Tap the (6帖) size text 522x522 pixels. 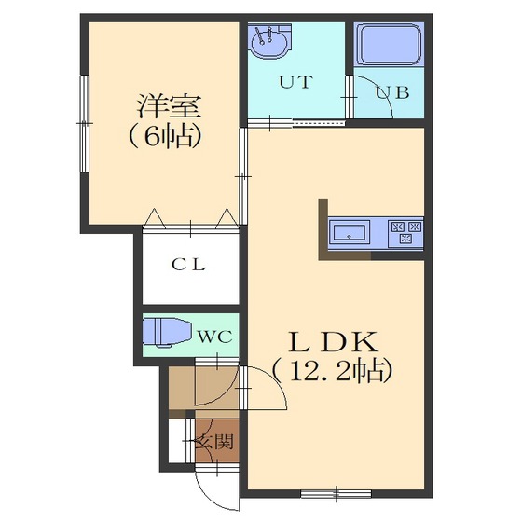point(165,136)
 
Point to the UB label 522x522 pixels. point(391,91)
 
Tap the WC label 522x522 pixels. point(215,334)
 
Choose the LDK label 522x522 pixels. point(324,340)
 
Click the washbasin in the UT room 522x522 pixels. point(270,40)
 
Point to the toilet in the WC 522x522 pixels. point(166,332)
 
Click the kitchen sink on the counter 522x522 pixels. point(350,232)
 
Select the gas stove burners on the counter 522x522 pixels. point(405,231)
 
